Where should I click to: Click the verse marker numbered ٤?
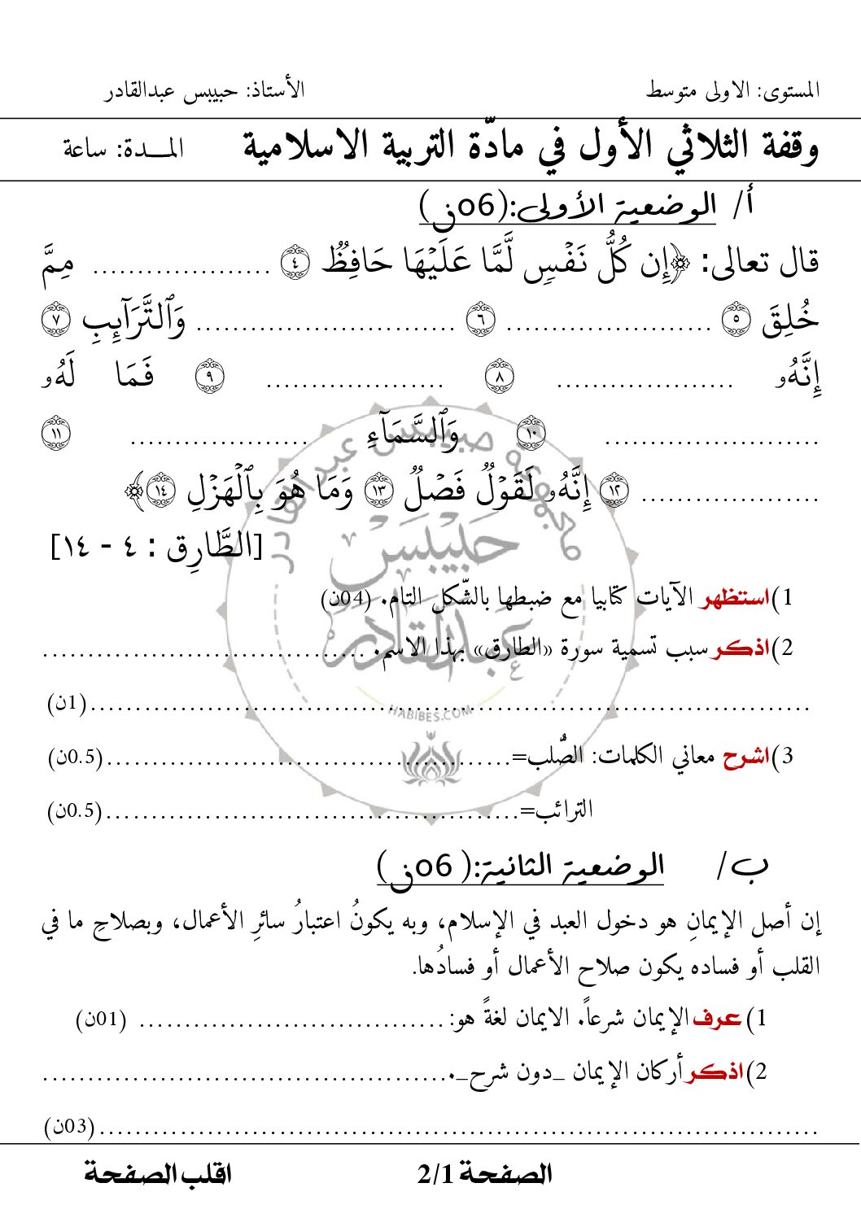[295, 261]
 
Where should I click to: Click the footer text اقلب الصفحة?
[158, 1173]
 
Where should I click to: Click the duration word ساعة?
[85, 149]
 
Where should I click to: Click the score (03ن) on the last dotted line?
[69, 1127]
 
